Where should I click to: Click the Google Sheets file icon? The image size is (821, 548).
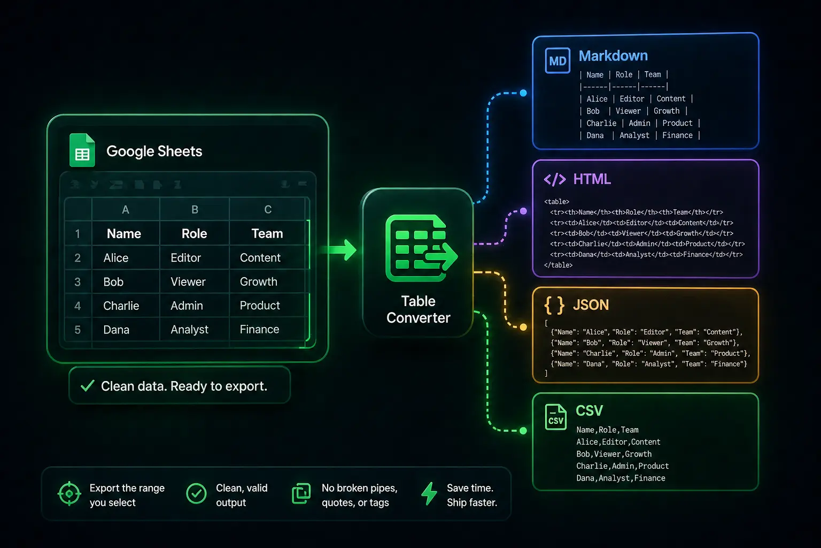82,150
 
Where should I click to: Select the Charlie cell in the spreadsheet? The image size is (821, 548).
121,306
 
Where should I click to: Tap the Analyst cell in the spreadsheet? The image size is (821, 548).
189,330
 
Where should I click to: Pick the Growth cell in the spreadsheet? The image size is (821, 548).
259,281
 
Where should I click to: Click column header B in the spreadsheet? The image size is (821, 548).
195,210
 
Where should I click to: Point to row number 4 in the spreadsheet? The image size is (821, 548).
78,306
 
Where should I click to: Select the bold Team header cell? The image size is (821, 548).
267,234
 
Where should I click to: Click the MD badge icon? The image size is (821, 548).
557,61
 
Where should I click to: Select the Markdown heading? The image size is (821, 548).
613,56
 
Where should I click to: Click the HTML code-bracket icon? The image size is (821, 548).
555,179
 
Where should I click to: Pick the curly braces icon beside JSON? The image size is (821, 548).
554,305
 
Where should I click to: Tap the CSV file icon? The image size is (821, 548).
556,417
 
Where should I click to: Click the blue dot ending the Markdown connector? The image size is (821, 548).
523,93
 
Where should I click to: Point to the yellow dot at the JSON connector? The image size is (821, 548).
523,327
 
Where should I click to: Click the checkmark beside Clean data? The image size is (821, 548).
87,386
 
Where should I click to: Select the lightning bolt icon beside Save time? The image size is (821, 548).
429,494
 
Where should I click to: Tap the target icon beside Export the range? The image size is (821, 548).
69,493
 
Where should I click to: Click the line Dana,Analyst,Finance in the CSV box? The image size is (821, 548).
621,478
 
